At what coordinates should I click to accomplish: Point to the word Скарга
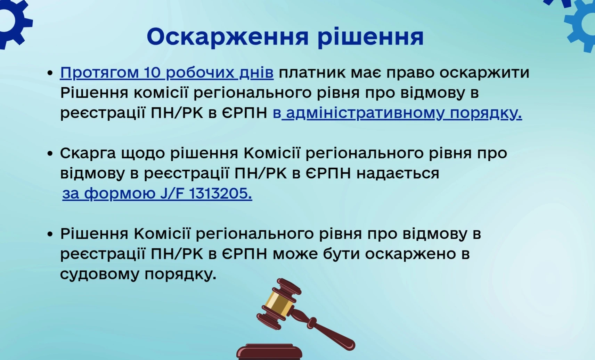(88, 153)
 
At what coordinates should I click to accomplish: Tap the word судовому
(100, 274)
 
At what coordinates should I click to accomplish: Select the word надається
(398, 174)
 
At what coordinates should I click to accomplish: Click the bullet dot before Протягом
(50, 73)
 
